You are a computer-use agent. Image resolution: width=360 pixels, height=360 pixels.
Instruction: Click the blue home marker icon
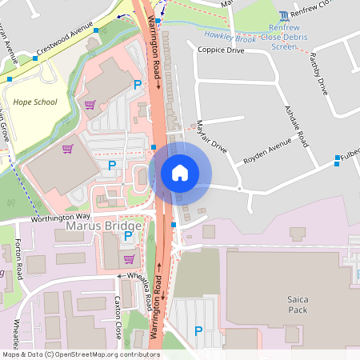(x=180, y=172)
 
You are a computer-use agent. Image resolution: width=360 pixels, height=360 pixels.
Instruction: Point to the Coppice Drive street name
(x=221, y=50)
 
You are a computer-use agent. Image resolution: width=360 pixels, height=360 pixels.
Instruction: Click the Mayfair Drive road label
(x=211, y=138)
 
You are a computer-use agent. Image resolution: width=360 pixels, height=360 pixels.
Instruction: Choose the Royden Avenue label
(x=268, y=152)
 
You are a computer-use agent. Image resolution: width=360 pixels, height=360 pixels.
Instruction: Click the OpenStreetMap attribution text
(x=80, y=354)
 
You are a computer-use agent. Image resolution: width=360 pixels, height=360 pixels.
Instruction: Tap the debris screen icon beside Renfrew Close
(x=285, y=15)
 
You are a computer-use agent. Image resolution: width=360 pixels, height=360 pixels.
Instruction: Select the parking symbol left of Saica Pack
(x=198, y=330)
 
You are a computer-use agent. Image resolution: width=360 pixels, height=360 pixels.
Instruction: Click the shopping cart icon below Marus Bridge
(x=129, y=258)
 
